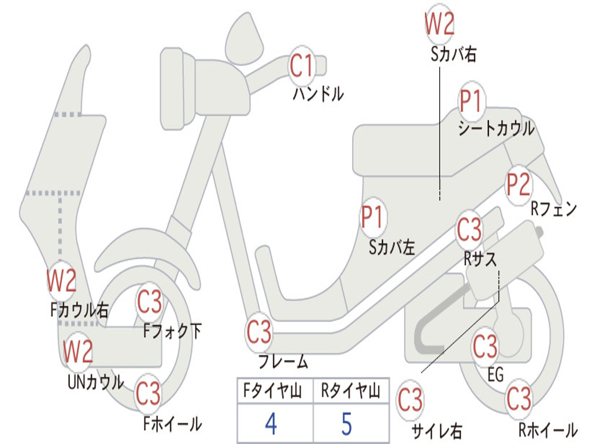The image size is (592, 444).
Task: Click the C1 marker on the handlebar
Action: click(302, 66)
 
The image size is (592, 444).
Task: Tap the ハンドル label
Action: click(319, 94)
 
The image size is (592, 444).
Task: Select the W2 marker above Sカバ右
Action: click(439, 23)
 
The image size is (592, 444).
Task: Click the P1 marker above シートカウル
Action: click(471, 101)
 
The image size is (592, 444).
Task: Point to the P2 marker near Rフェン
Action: click(518, 184)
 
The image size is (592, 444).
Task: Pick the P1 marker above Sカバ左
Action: click(373, 217)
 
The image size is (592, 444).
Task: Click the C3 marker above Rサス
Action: click(469, 229)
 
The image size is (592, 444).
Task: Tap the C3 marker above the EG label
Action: click(485, 346)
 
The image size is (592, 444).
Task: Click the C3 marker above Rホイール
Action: click(519, 398)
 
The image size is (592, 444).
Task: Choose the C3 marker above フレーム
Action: click(259, 332)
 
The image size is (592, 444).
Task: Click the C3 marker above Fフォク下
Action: click(149, 302)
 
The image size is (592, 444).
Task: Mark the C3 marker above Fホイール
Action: click(148, 393)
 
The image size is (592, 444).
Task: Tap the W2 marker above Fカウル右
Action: click(61, 280)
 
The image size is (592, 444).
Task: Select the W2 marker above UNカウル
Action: click(78, 351)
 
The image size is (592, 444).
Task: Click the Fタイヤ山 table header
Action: click(272, 391)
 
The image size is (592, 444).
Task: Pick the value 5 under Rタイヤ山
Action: click(347, 424)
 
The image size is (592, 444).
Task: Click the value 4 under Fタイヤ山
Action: click(271, 424)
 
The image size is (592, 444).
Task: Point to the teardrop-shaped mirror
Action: click(244, 38)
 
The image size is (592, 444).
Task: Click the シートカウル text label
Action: click(497, 128)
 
